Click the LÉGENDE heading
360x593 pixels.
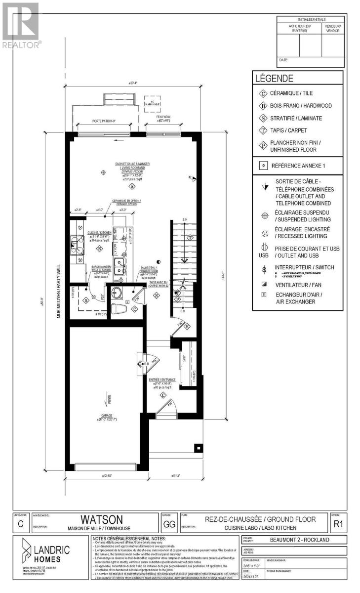[274, 78]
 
